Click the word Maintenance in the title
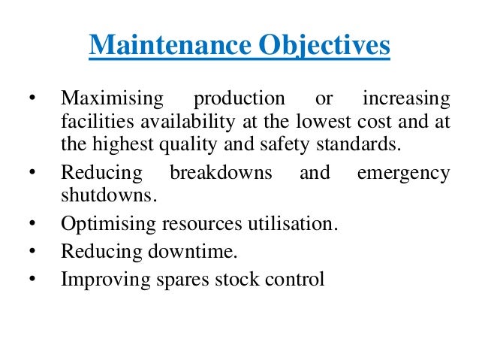click(170, 45)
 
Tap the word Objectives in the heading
click(324, 47)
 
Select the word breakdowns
click(221, 174)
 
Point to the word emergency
click(404, 174)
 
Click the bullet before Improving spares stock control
click(32, 280)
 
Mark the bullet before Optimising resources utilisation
click(32, 225)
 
